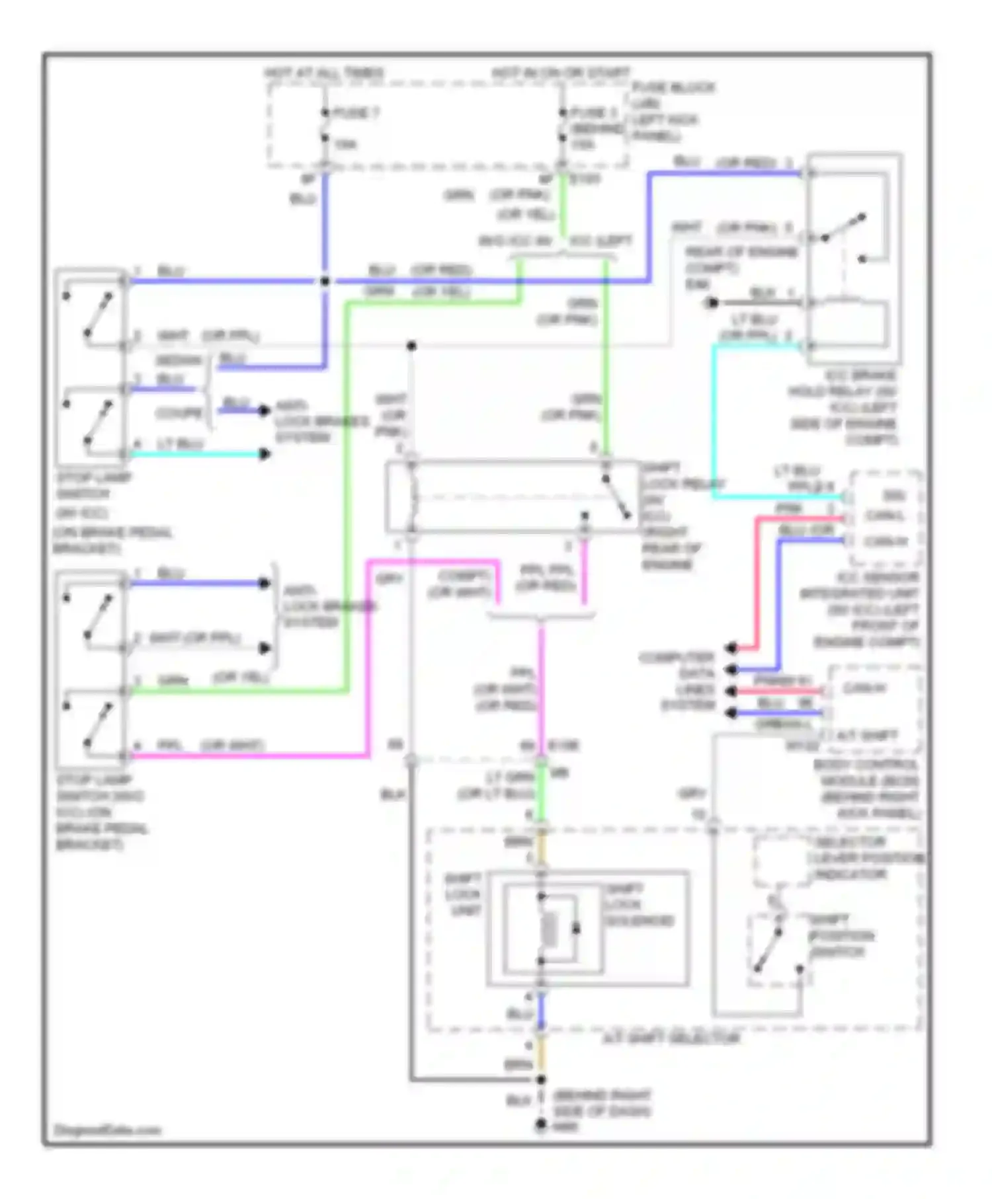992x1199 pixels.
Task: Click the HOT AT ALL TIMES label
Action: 324,72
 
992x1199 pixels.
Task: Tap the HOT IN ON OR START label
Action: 561,72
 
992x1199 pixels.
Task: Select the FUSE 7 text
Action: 356,113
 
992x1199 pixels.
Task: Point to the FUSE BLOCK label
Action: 673,87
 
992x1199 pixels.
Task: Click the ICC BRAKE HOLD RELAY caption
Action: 844,407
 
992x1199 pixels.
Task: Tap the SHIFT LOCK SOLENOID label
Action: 639,904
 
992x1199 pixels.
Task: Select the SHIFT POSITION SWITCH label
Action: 841,935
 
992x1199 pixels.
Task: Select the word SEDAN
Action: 179,361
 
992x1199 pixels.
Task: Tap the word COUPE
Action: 179,413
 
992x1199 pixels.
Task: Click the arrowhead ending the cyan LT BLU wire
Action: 264,454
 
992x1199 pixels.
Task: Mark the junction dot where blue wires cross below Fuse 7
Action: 325,282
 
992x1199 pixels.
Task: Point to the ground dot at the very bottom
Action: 541,1124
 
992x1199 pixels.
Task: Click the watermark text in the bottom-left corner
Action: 107,1130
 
